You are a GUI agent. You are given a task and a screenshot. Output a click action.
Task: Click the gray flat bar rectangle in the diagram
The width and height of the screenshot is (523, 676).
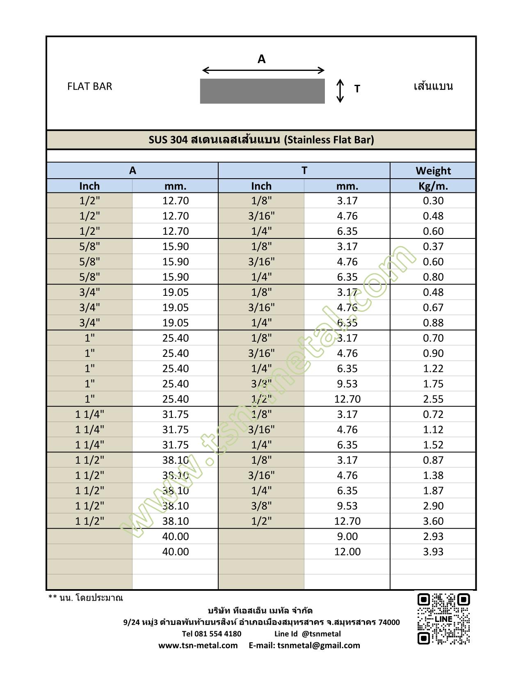click(262, 91)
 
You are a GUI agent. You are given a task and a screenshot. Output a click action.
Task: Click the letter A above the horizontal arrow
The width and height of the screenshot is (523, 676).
click(261, 59)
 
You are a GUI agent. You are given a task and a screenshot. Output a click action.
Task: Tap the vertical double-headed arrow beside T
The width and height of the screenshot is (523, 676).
click(340, 91)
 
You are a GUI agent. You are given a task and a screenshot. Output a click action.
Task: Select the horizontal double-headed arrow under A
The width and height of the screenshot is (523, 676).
click(263, 70)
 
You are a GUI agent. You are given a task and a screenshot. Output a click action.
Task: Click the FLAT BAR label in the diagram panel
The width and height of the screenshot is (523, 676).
click(89, 86)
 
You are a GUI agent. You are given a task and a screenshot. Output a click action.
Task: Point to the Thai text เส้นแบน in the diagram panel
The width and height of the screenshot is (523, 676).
click(433, 86)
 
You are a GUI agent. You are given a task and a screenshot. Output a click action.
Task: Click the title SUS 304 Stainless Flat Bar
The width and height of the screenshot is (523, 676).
click(261, 140)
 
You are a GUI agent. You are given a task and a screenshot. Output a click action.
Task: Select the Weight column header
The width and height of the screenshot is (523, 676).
click(433, 170)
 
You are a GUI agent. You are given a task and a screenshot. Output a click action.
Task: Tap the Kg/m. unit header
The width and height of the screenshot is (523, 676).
click(433, 186)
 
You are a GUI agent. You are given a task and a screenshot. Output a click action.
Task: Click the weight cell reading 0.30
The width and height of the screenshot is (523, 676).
click(433, 201)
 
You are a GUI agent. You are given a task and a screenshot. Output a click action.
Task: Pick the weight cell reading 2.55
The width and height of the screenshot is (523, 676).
click(433, 399)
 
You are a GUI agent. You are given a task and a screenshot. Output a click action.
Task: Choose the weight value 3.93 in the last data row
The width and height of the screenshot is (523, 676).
click(433, 552)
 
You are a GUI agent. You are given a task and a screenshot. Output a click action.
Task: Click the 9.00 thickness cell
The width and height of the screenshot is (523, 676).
click(347, 536)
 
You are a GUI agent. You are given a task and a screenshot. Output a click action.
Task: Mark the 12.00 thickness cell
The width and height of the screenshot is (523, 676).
click(347, 552)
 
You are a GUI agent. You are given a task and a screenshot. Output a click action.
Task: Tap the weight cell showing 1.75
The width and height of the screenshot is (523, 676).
click(433, 384)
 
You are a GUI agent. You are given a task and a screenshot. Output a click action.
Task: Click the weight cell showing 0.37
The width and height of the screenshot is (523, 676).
click(433, 247)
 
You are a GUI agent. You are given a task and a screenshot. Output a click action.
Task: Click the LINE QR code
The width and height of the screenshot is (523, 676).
click(443, 619)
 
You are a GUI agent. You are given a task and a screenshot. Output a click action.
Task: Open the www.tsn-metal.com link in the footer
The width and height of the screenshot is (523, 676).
click(198, 645)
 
